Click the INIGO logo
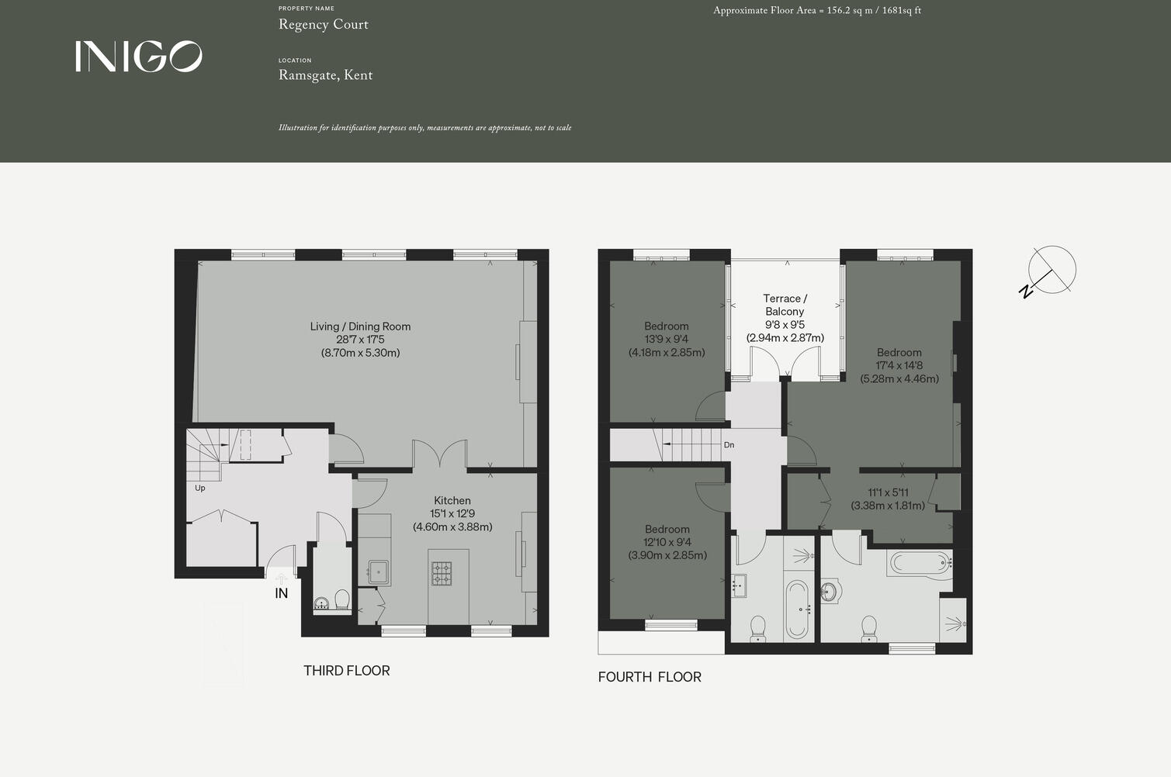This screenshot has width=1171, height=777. (x=138, y=57)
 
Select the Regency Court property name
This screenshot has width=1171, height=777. (x=323, y=25)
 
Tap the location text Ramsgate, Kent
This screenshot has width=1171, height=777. (x=325, y=75)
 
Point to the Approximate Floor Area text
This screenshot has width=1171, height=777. (x=816, y=11)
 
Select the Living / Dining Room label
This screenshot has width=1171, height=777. (x=360, y=326)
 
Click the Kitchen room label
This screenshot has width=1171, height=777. (x=452, y=501)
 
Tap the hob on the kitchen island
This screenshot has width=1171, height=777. (x=442, y=573)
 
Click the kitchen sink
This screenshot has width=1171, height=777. (x=378, y=572)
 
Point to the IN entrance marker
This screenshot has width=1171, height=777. (x=281, y=593)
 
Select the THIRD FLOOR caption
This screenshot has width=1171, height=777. (x=346, y=671)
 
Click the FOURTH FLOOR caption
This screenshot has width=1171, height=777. (x=649, y=677)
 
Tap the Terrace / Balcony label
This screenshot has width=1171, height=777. (x=785, y=305)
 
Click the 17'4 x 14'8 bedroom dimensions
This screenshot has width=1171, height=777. (x=899, y=365)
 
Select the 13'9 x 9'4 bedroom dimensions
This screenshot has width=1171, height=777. (x=666, y=339)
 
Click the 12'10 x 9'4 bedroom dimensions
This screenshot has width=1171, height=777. (x=667, y=542)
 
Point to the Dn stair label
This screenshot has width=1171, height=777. (x=729, y=445)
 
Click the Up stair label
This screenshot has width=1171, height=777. (x=200, y=488)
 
